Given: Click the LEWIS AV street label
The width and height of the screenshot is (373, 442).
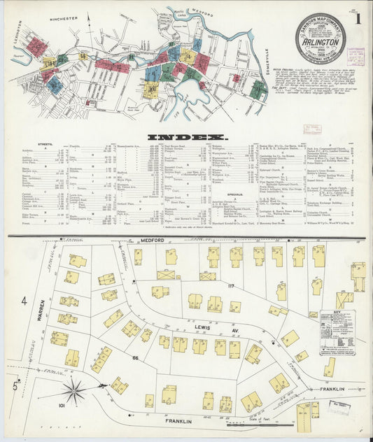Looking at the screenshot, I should click(x=214, y=325).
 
